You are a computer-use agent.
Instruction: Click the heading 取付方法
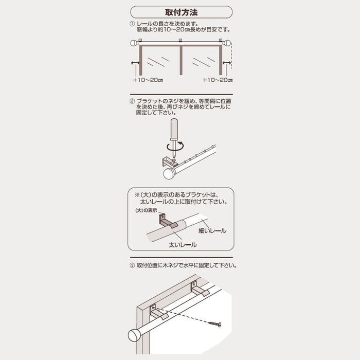(x=181, y=12)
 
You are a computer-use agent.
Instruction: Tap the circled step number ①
(x=132, y=24)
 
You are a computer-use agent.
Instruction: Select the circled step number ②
(x=132, y=101)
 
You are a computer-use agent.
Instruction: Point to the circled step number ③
(x=132, y=266)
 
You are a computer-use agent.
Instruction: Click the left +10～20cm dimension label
(x=148, y=80)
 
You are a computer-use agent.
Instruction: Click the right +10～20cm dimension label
(x=218, y=80)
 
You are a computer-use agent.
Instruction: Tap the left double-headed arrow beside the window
(x=135, y=63)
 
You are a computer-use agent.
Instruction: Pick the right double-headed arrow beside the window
(x=227, y=63)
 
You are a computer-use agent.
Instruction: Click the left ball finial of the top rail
(x=134, y=43)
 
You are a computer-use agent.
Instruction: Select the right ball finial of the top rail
(x=227, y=43)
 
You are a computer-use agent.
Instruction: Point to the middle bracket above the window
(x=181, y=40)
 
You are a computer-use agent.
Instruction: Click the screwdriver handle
(x=174, y=129)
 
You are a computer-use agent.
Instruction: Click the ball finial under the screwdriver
(x=169, y=174)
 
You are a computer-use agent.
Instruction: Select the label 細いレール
(x=212, y=231)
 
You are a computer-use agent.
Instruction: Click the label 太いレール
(x=183, y=245)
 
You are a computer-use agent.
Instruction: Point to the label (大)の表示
(x=146, y=210)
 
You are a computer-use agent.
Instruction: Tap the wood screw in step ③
(x=215, y=324)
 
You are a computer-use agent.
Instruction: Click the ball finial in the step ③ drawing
(x=134, y=336)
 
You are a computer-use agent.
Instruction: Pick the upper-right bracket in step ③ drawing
(x=199, y=289)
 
